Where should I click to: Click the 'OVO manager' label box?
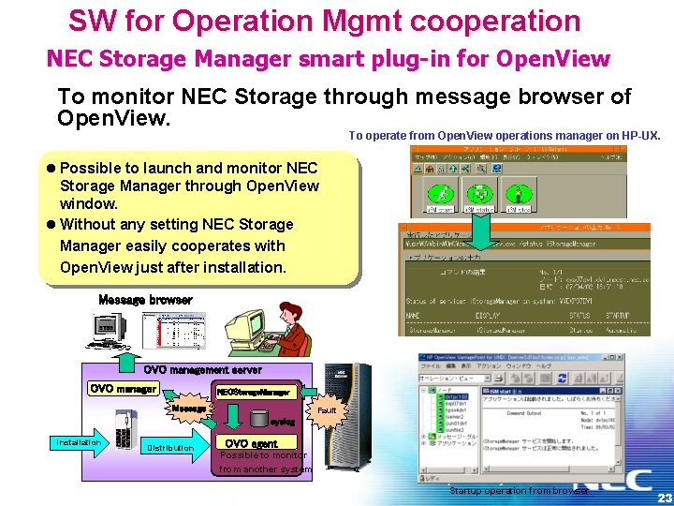(124, 389)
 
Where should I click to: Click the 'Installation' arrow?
(79, 442)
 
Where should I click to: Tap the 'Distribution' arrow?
(169, 447)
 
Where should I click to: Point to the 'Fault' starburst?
(327, 410)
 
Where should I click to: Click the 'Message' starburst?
(189, 409)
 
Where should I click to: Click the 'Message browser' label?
(145, 300)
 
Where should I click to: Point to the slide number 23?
(663, 498)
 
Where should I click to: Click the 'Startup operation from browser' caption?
(518, 491)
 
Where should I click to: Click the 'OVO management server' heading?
(202, 370)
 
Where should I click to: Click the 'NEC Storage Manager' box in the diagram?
(253, 392)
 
